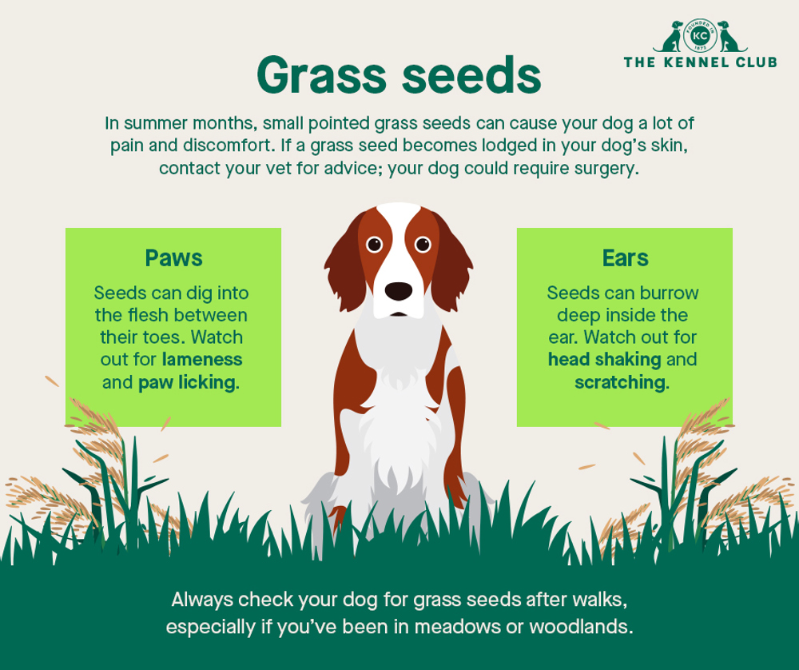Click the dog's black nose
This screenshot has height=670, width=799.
point(399,290)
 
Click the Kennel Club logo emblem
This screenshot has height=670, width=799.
point(700,37)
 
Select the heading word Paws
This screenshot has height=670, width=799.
point(173,258)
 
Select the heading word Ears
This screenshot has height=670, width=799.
point(625,258)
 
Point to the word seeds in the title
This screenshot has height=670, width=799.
point(471,78)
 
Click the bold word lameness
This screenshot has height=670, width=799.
point(202,360)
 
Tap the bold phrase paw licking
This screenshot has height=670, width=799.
point(188,382)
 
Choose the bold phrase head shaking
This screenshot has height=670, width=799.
point(604,360)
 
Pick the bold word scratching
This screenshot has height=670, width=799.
point(620,382)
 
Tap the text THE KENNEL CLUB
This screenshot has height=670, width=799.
point(700,62)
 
